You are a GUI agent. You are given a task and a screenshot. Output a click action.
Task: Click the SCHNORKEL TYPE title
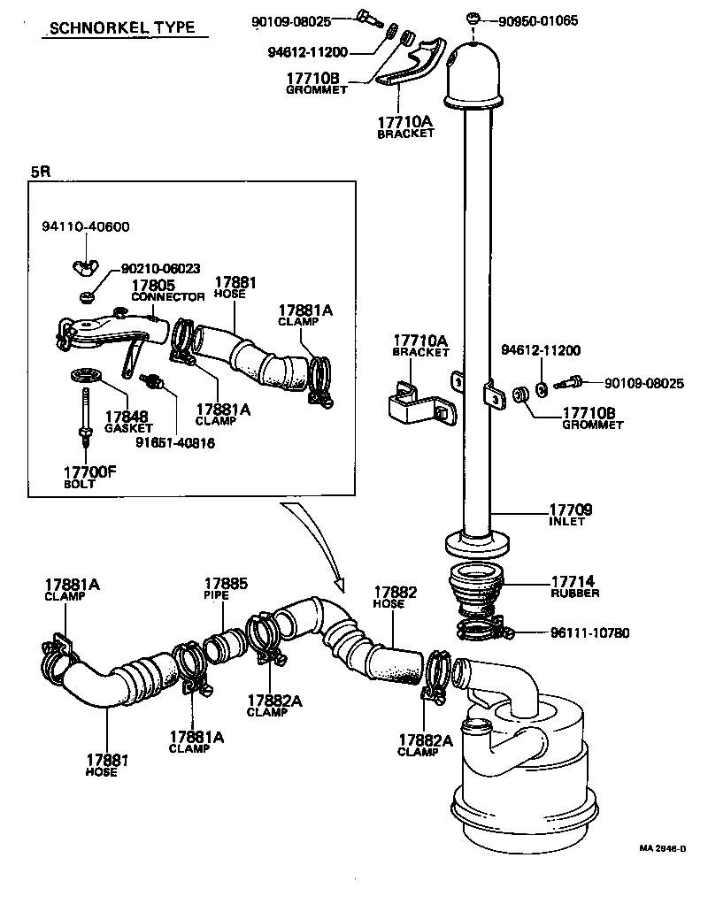(123, 27)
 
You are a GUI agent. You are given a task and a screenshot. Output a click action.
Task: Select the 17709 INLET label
(571, 515)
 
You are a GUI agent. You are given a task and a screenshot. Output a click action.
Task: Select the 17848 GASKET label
(127, 421)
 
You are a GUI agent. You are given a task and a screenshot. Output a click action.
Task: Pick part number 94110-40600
(85, 227)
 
